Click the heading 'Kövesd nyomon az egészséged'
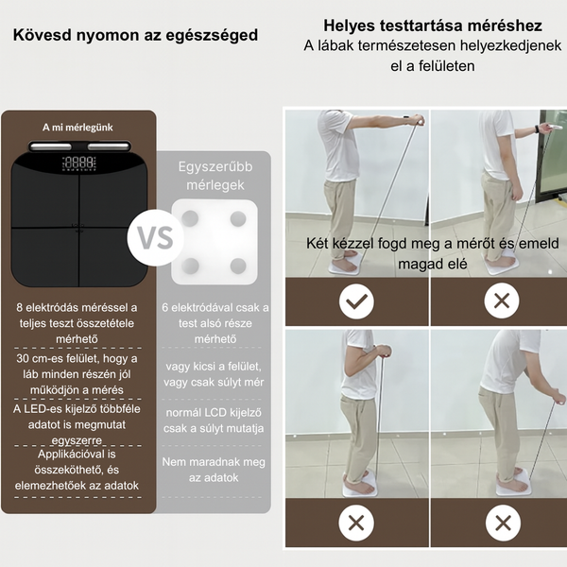click(x=135, y=36)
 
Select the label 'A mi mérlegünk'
click(x=77, y=128)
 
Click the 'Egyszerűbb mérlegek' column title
click(x=213, y=176)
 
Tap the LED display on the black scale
click(x=78, y=163)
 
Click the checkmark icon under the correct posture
click(x=356, y=302)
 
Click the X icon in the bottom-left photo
click(x=356, y=523)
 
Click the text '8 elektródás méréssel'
click(x=77, y=307)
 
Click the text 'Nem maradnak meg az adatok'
click(x=214, y=470)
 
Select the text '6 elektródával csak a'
click(x=214, y=307)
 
